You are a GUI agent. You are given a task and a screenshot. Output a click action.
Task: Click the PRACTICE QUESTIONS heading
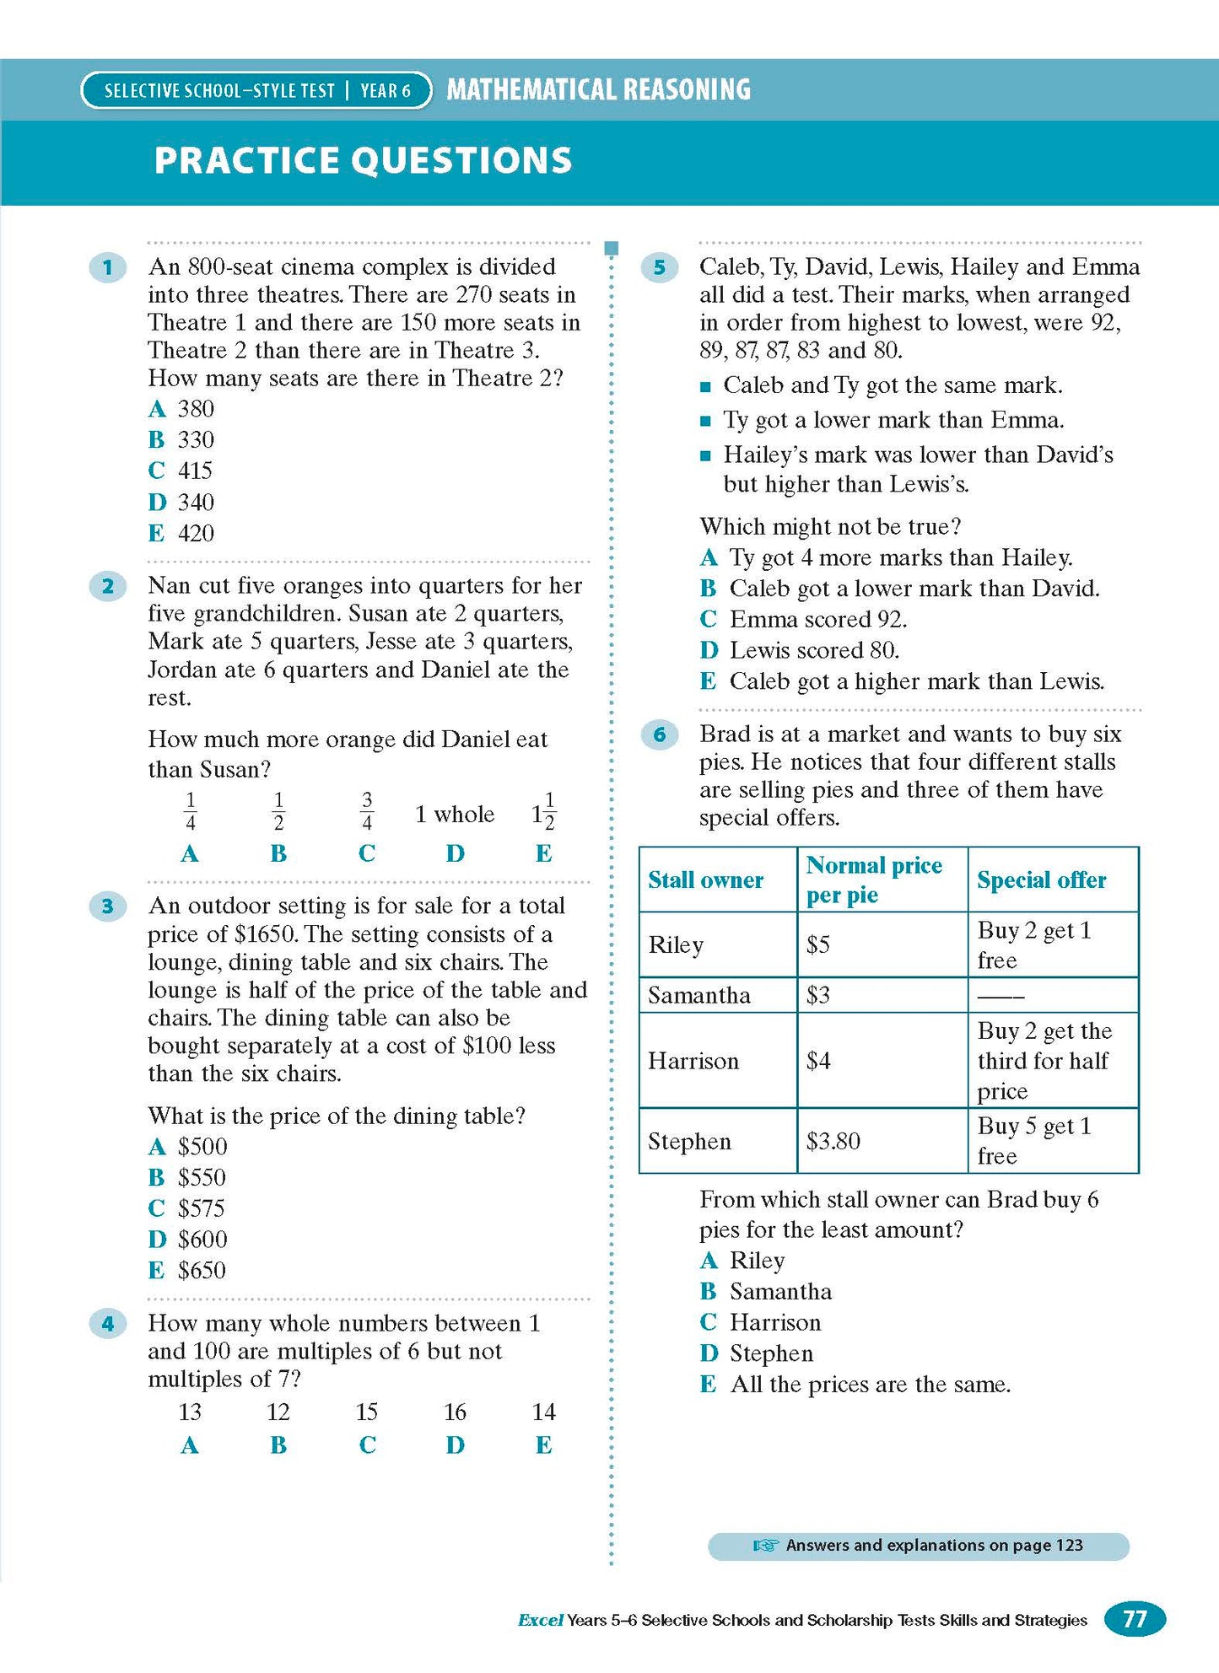pos(363,161)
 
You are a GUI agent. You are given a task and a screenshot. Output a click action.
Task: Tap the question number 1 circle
pos(107,268)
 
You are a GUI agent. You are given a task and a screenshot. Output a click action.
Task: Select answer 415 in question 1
pos(194,471)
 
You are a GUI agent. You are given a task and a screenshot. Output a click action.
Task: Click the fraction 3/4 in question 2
pos(366,811)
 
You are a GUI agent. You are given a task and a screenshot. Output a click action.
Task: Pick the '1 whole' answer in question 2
pos(454,815)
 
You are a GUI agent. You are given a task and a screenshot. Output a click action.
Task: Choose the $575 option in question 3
pos(201,1208)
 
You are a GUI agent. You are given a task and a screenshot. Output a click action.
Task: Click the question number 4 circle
pos(107,1323)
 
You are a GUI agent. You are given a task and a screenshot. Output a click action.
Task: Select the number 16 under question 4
pos(455,1412)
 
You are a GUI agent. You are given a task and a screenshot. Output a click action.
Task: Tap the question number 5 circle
pos(660,268)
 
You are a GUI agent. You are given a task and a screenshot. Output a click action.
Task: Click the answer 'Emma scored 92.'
pos(817,620)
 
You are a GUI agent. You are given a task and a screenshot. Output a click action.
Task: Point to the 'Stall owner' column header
pos(705,880)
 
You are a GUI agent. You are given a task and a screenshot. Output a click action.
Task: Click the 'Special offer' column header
pos(1041,880)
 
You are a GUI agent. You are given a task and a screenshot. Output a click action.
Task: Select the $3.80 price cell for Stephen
pos(833,1142)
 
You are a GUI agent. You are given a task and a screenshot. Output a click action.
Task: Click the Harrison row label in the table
pos(693,1061)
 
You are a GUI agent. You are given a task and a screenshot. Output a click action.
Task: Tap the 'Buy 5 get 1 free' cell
pos(1034,1141)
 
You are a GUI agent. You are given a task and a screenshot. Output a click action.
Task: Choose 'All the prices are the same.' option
pos(870,1385)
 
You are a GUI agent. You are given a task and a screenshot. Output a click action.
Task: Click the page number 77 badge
pos(1135,1619)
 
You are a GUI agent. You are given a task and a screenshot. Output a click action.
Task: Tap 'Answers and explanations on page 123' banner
pos(918,1546)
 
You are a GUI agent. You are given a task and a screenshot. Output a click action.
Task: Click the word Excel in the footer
pos(540,1620)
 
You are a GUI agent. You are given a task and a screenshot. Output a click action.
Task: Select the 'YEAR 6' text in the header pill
pos(386,91)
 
